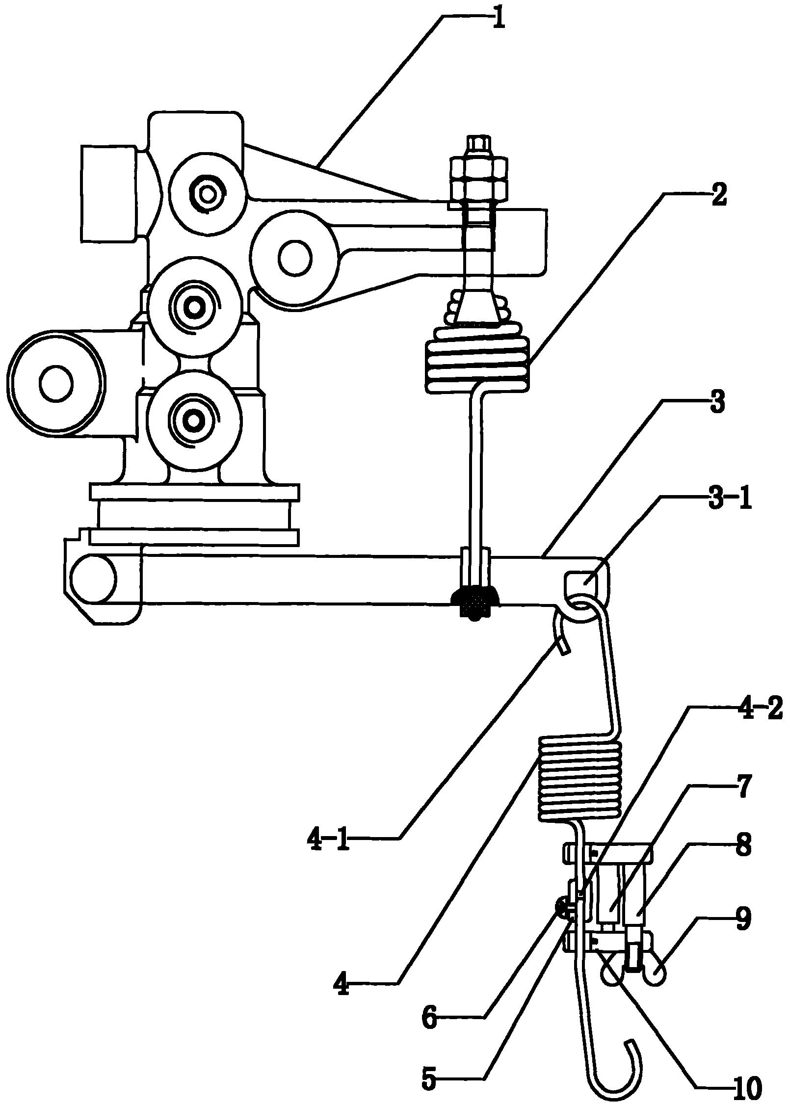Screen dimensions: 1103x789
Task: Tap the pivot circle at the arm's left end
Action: click(93, 579)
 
